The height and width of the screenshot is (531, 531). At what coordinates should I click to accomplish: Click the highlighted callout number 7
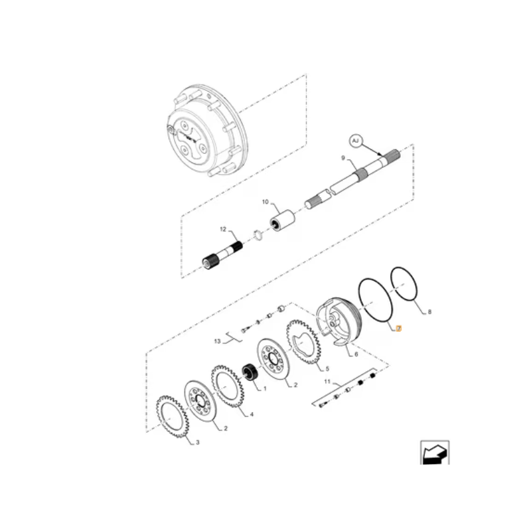[399, 329]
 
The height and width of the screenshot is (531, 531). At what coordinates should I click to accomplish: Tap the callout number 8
[429, 312]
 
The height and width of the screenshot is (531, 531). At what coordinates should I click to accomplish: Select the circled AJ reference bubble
[355, 141]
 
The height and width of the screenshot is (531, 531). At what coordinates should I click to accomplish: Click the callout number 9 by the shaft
[343, 158]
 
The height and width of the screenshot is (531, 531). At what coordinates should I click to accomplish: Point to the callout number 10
[265, 202]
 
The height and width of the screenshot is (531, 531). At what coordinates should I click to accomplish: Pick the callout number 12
[223, 229]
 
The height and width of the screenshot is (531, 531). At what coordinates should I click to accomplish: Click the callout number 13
[218, 341]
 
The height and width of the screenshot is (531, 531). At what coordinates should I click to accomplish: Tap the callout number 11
[327, 382]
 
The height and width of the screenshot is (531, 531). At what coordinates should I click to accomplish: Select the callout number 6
[356, 354]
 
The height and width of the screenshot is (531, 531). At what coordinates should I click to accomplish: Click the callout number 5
[327, 368]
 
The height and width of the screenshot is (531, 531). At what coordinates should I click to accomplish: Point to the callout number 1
[265, 389]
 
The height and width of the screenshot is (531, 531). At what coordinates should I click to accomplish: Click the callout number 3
[198, 442]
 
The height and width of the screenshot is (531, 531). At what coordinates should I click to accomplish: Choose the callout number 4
[252, 414]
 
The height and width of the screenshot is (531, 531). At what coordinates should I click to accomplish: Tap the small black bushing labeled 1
[250, 372]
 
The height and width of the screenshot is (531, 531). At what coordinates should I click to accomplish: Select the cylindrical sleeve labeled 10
[282, 220]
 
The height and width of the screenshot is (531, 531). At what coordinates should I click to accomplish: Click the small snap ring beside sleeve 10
[258, 236]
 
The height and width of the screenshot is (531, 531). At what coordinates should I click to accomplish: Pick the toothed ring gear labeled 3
[172, 417]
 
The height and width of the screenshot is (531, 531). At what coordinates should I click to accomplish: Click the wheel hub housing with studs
[207, 131]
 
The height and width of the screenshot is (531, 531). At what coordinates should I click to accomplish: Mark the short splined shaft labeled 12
[222, 256]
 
